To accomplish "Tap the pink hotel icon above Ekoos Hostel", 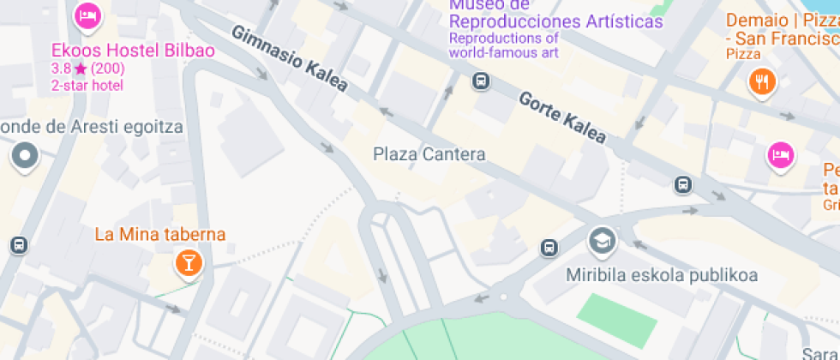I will click(87, 15).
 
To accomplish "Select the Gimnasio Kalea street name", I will click(290, 59).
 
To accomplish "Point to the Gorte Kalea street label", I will click(562, 117).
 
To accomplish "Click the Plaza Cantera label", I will click(429, 154).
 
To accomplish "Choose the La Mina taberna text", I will click(159, 234).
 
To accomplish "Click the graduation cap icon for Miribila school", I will click(602, 240).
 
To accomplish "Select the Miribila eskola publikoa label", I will click(663, 275).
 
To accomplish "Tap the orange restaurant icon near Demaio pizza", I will click(761, 82).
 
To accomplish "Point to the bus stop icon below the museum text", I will click(481, 81).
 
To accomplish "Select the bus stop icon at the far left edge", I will click(18, 245).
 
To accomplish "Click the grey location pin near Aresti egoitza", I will click(25, 156).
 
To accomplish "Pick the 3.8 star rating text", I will click(88, 69).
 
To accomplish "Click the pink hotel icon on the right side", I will click(780, 155).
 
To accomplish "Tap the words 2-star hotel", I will click(87, 85).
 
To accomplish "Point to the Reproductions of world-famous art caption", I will click(504, 45).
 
